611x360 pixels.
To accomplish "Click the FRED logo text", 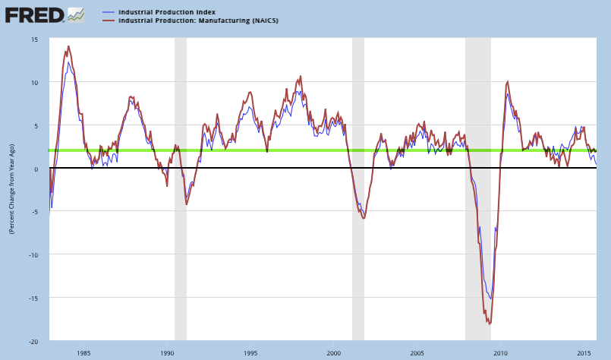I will click(34, 14).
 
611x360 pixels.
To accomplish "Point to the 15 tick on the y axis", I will click(35, 39).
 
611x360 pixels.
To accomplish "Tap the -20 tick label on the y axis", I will click(33, 342).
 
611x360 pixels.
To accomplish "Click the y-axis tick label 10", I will click(35, 82).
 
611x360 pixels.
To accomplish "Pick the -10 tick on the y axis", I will click(33, 255).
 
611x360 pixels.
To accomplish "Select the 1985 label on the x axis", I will click(83, 353).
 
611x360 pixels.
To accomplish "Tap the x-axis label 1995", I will click(250, 353).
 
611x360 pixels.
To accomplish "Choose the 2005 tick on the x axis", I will click(417, 353).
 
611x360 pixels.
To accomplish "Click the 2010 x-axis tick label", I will click(501, 353).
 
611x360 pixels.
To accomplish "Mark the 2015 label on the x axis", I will click(584, 353).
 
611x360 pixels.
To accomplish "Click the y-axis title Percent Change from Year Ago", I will click(12, 190).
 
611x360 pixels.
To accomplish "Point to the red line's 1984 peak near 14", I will click(68, 46).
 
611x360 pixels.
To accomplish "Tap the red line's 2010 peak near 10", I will click(507, 81).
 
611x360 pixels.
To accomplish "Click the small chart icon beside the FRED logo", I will click(76, 14).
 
